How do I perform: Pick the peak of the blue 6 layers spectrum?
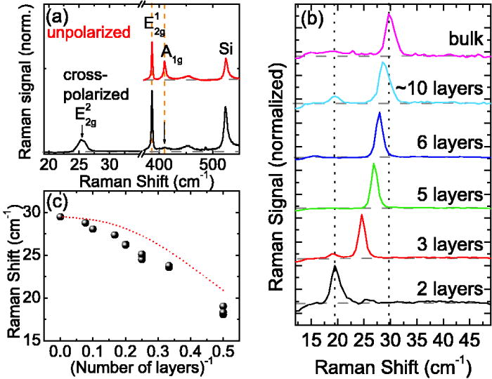(379, 113)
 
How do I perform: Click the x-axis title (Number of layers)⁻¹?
(144, 366)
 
